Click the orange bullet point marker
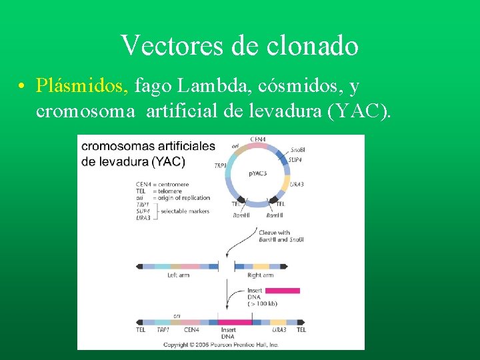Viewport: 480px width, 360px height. [x=23, y=87]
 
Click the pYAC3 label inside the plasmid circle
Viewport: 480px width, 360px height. [x=257, y=173]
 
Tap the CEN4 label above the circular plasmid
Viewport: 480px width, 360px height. [x=257, y=139]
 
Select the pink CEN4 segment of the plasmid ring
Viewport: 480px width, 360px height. [x=257, y=147]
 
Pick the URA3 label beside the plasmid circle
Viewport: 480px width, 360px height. [x=297, y=185]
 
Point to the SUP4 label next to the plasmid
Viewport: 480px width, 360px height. [x=295, y=160]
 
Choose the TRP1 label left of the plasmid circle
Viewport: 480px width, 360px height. [x=219, y=165]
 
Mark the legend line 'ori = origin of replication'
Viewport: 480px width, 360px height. [x=173, y=198]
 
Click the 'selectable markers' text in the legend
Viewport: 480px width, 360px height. [x=185, y=211]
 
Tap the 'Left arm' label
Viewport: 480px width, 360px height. [x=178, y=275]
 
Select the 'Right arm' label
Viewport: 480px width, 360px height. [x=260, y=275]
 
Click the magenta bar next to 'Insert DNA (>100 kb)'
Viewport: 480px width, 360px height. [x=282, y=291]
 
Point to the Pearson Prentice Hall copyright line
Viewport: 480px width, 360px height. [x=221, y=345]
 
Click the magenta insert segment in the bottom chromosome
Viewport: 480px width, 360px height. [x=235, y=321]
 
